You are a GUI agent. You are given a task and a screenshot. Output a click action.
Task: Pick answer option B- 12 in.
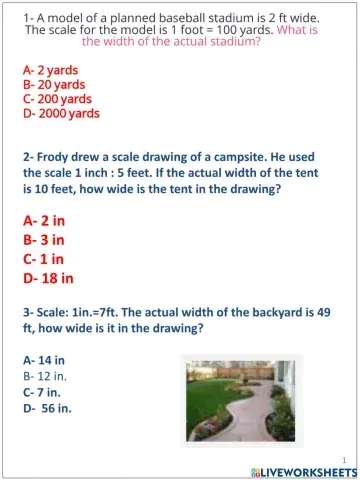coord(46,375)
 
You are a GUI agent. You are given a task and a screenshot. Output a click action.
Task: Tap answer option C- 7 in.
coord(44,391)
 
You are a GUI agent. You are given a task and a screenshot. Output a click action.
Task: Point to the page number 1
coord(342,458)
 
